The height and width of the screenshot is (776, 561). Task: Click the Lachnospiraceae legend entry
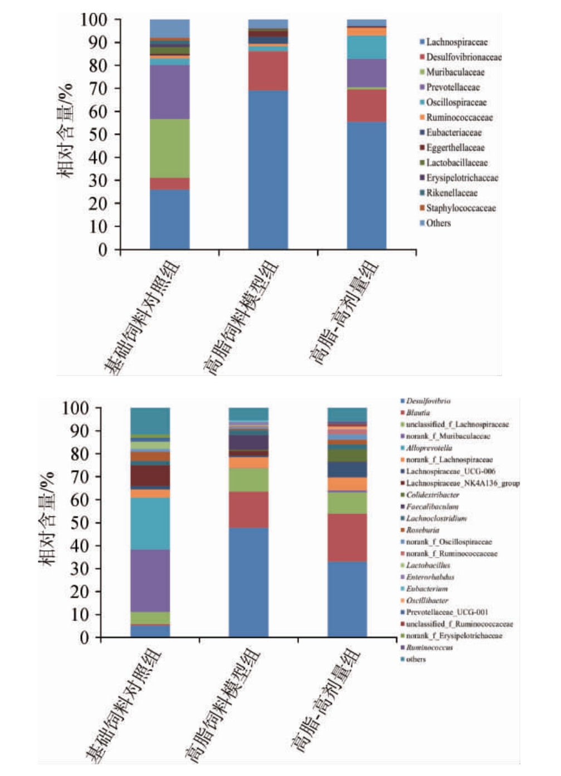click(456, 42)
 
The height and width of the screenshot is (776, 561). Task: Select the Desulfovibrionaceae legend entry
click(464, 57)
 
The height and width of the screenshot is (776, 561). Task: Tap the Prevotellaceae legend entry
click(452, 87)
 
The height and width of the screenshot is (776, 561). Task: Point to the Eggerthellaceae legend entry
click(455, 148)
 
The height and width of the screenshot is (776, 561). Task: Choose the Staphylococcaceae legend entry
click(461, 208)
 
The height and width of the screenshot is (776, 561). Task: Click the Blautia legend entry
click(418, 413)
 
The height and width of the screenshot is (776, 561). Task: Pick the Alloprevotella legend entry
click(429, 448)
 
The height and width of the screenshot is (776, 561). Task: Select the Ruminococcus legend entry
click(429, 647)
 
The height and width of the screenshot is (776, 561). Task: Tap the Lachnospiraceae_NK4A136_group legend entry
click(462, 483)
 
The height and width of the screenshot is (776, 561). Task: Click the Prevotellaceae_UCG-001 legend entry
click(447, 612)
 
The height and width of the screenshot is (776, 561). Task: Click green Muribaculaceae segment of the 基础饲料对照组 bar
click(169, 148)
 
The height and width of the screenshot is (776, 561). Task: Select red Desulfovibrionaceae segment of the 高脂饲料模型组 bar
click(268, 71)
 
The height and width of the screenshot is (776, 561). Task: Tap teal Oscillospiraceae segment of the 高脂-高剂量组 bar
click(367, 47)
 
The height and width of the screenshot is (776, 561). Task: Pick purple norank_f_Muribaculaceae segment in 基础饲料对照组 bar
click(150, 580)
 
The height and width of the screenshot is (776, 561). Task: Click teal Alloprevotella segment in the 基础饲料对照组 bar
click(150, 524)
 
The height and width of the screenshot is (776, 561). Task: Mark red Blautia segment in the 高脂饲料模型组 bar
click(248, 510)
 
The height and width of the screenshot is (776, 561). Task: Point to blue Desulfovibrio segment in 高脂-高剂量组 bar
click(347, 599)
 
